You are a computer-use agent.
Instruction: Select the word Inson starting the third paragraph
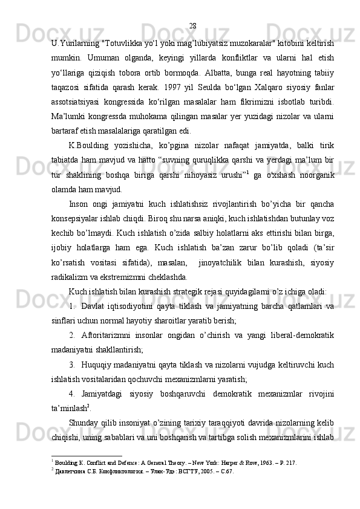click(79, 203)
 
